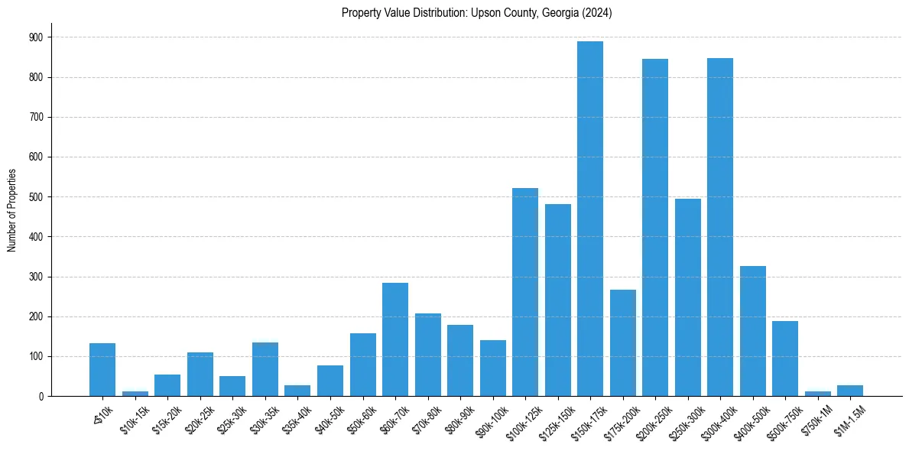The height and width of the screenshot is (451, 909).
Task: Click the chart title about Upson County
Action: click(x=477, y=13)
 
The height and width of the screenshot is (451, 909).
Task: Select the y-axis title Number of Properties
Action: click(x=11, y=210)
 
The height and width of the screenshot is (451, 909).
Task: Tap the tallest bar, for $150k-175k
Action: click(x=590, y=219)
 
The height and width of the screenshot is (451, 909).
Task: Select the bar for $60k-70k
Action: click(x=395, y=339)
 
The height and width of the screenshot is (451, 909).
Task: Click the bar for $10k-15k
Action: click(x=135, y=394)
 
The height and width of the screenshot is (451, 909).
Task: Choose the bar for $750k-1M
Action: click(x=817, y=394)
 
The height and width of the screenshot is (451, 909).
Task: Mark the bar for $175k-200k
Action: click(x=622, y=343)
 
